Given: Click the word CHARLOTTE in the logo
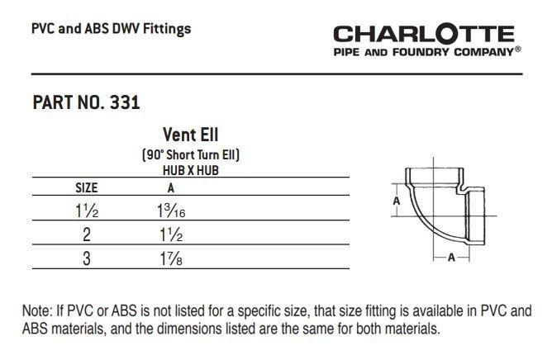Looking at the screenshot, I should (x=424, y=34).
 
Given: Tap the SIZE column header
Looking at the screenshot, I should (x=87, y=187).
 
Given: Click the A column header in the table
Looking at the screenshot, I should (x=170, y=187).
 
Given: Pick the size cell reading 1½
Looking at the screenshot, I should (x=88, y=210).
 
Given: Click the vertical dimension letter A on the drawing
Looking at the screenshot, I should (x=396, y=200).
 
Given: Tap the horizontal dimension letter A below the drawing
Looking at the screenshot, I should (x=451, y=257).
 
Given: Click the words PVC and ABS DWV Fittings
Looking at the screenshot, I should (x=111, y=29).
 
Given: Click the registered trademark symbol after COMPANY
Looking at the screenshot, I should (x=517, y=50).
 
